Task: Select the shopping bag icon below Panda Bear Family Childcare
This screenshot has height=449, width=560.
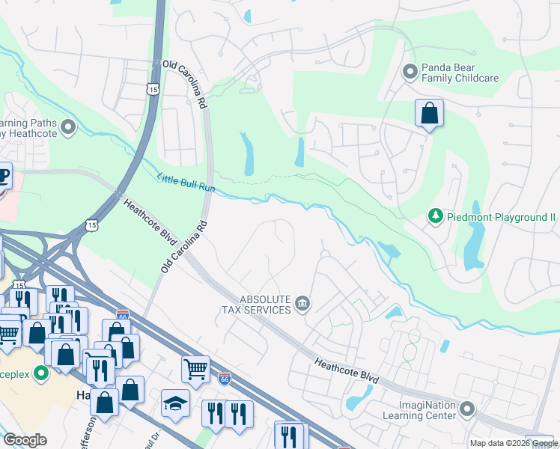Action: [429, 114]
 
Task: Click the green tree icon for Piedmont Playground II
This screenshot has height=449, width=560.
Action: [435, 216]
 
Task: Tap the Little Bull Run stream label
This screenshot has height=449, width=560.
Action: [186, 183]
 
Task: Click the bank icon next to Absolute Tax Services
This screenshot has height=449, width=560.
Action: [302, 303]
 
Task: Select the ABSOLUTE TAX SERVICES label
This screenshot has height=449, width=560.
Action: [255, 304]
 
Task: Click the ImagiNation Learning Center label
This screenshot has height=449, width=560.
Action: [419, 409]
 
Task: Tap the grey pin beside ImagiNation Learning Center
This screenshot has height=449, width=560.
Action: [467, 409]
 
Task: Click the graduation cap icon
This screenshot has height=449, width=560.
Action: [175, 403]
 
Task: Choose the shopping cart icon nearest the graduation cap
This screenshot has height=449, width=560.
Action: [195, 368]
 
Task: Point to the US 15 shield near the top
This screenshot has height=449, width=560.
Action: [153, 89]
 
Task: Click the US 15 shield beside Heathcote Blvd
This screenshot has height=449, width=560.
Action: [91, 224]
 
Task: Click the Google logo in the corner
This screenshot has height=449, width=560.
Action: [25, 440]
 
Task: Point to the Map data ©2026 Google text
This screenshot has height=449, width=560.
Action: [513, 443]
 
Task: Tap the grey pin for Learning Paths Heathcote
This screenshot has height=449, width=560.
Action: [69, 128]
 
